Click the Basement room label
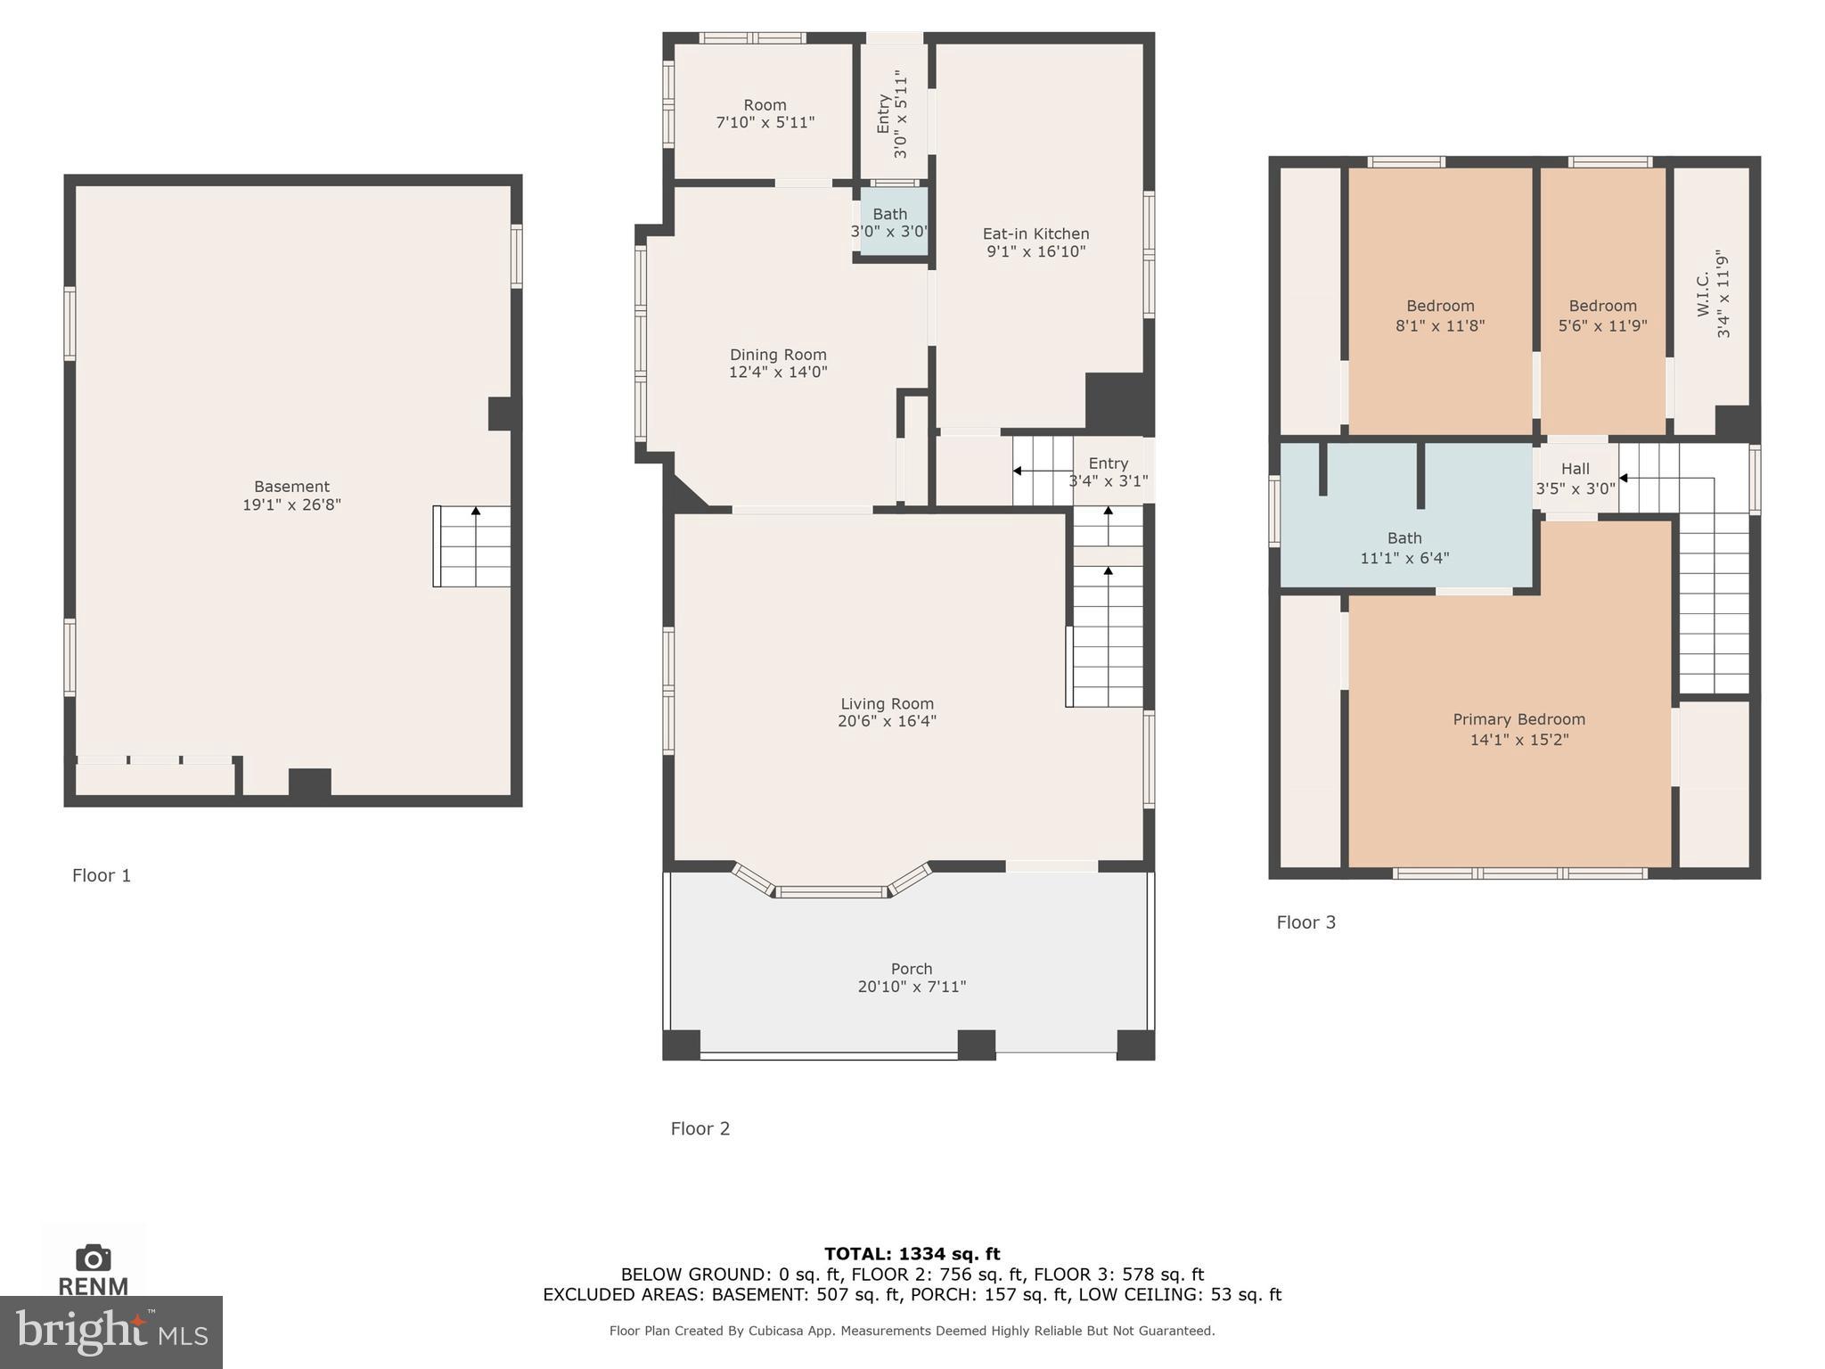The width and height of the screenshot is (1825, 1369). (x=291, y=487)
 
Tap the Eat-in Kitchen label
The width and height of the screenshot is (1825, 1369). (x=1035, y=234)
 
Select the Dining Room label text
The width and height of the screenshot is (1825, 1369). (x=778, y=355)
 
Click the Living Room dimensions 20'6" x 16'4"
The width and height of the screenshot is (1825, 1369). (x=887, y=721)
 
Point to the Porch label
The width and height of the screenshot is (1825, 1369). (x=912, y=969)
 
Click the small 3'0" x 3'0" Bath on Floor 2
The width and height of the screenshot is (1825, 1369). (x=891, y=222)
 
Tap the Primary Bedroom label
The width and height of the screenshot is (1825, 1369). (x=1519, y=719)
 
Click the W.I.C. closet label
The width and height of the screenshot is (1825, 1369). (x=1704, y=294)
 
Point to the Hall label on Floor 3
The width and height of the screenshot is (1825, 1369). (x=1575, y=469)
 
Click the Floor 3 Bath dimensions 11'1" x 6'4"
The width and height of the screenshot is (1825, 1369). (x=1404, y=558)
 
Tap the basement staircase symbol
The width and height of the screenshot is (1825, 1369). (x=472, y=546)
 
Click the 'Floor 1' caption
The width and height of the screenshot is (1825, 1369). (x=102, y=875)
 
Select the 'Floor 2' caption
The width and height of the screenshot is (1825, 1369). (x=700, y=1128)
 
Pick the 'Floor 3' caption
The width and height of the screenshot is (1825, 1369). (x=1306, y=922)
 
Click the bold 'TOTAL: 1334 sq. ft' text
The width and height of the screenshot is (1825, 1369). (x=912, y=1254)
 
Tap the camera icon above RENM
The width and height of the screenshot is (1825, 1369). (x=94, y=1258)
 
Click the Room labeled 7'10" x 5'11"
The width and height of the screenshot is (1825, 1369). (x=765, y=113)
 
